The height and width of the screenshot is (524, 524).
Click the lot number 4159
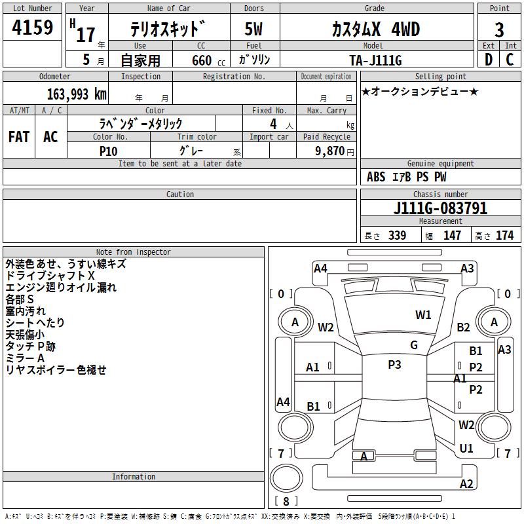32,28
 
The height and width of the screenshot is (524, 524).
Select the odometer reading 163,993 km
77,94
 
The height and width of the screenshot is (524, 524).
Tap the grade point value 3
499,29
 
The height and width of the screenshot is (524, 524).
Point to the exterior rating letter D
489,60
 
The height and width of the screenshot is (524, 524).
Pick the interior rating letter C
510,60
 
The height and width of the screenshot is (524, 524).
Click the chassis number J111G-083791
440,208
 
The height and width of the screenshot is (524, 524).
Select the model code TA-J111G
375,60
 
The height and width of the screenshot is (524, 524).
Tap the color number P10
108,151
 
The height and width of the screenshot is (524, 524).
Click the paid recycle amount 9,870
330,151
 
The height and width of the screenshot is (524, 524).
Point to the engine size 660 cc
208,61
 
